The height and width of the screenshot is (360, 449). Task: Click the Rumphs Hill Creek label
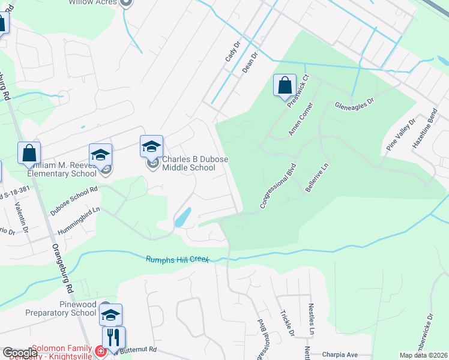click(x=177, y=259)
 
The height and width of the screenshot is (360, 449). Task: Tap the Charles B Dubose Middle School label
click(x=188, y=164)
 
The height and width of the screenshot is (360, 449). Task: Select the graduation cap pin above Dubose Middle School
click(x=152, y=146)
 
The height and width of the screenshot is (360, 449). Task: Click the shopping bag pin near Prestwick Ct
click(x=285, y=85)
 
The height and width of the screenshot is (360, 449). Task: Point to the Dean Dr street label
click(x=249, y=62)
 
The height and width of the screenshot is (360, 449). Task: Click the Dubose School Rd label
click(x=74, y=200)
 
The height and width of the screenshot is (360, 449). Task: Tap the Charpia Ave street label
click(x=339, y=354)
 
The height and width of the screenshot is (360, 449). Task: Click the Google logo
click(x=20, y=353)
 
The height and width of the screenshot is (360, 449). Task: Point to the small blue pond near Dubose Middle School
click(x=182, y=217)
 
